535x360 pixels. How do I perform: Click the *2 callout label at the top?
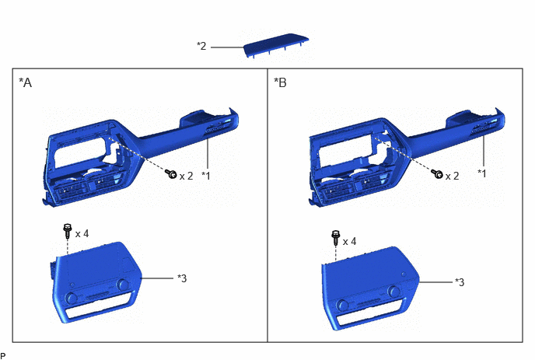(201, 46)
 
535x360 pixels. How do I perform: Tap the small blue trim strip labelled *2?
(276, 46)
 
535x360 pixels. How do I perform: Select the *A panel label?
(25, 82)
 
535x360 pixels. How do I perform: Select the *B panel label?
(281, 82)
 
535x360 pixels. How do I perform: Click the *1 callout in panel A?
(206, 176)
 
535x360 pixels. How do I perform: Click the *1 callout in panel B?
(482, 173)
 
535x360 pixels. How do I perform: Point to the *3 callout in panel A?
(182, 278)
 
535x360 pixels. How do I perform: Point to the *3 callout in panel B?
(460, 282)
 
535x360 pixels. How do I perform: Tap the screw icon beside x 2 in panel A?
(170, 174)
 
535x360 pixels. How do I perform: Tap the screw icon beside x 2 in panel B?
(437, 174)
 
